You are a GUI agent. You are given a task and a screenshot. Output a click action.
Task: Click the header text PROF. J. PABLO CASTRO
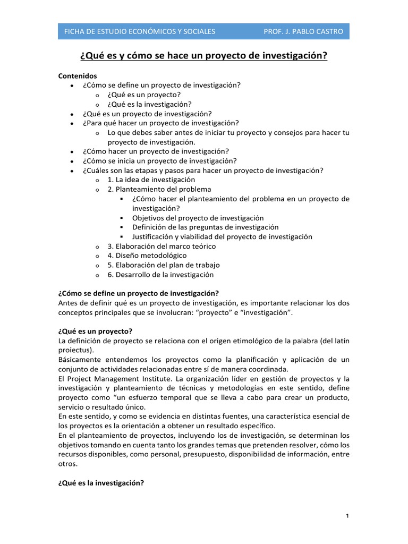tap(303, 31)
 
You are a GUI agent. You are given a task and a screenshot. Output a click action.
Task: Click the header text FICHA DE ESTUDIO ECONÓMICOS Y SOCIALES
tap(139, 31)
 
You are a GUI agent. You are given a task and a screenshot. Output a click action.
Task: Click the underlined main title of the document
tap(203, 56)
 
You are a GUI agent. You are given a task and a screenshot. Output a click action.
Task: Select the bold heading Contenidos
tap(78, 76)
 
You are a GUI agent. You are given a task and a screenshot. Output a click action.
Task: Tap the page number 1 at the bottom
tap(346, 516)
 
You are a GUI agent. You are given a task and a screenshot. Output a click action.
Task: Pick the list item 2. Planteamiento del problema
tap(159, 189)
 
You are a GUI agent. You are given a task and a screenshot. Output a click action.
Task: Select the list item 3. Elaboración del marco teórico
tap(161, 246)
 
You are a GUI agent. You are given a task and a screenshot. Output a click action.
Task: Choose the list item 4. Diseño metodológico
tap(147, 256)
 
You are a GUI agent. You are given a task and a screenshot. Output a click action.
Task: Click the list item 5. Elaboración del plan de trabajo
tap(163, 265)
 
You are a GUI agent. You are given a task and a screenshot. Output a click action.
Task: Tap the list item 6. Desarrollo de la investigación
tap(160, 275)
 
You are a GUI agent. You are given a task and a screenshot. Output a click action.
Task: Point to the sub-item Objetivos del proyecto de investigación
tap(198, 218)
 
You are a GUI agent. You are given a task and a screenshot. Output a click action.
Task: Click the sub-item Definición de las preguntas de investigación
tap(205, 227)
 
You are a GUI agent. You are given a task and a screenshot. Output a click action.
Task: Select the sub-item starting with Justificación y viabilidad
tap(222, 237)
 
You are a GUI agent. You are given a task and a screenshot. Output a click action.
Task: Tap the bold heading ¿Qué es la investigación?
tap(101, 483)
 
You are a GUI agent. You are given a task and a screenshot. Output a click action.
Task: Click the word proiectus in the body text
tap(75, 350)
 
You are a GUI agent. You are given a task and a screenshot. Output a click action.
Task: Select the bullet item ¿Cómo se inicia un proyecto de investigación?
tap(159, 160)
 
